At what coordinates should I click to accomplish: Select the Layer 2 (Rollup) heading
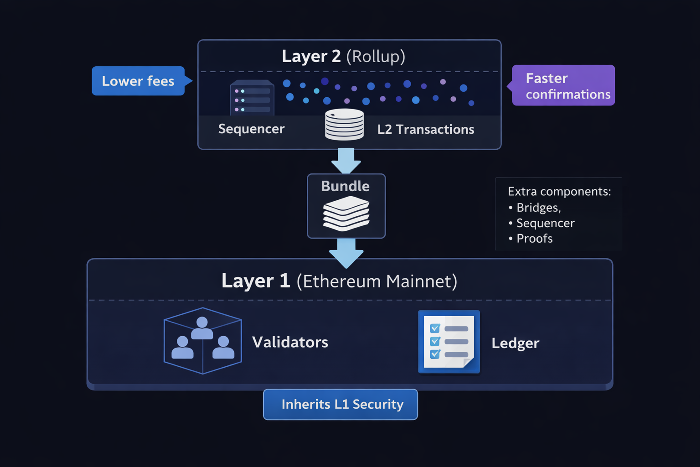click(343, 56)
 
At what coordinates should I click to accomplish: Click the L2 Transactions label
click(426, 129)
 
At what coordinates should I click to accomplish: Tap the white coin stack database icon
click(344, 124)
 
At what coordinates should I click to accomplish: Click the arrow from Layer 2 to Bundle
click(346, 161)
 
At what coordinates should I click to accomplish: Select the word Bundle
click(345, 186)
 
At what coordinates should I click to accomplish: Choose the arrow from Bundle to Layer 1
click(346, 253)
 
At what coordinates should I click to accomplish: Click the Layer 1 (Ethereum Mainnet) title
click(339, 281)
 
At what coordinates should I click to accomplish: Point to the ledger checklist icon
click(449, 342)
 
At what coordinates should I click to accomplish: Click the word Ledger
click(515, 343)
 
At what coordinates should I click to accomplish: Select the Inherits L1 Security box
click(341, 404)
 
